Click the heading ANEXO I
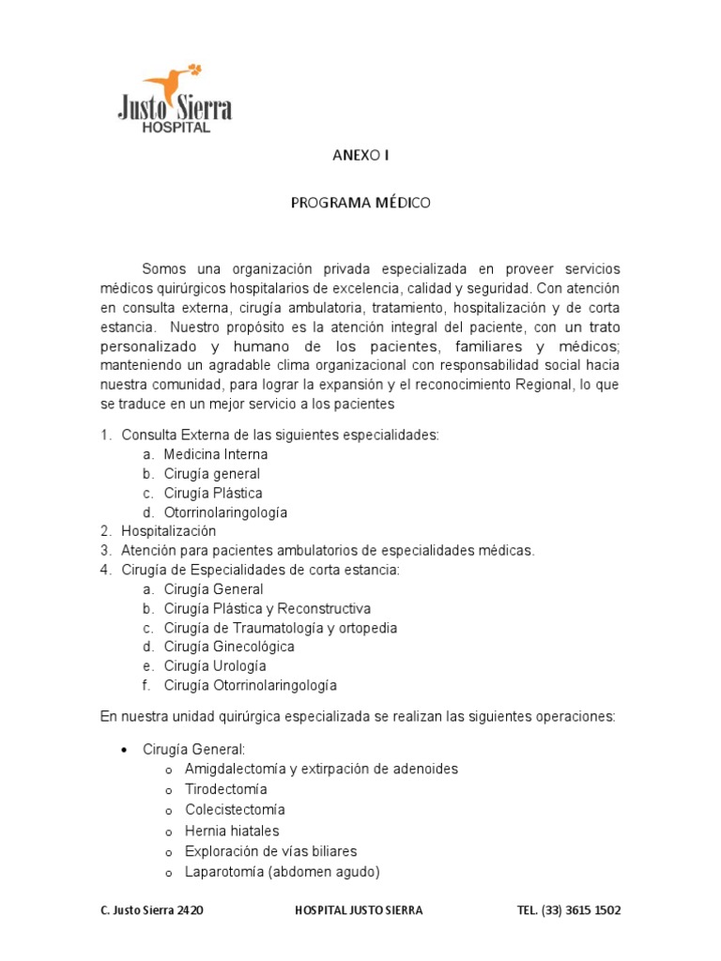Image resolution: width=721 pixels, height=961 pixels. pos(360,156)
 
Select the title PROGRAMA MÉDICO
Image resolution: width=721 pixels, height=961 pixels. pos(360,203)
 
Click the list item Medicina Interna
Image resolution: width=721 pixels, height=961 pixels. pos(215,454)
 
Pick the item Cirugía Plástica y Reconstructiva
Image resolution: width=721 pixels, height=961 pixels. pos(267,608)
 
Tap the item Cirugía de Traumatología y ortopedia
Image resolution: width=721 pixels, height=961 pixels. pos(280,628)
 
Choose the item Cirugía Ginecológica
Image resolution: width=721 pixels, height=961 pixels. pos(228,647)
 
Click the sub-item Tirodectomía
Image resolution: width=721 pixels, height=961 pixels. pos(225,789)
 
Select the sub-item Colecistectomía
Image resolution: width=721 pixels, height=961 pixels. pos(235,809)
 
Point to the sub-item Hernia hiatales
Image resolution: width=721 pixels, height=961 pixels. pos(232,831)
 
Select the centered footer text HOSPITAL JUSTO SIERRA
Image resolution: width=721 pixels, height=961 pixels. pos(359,910)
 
